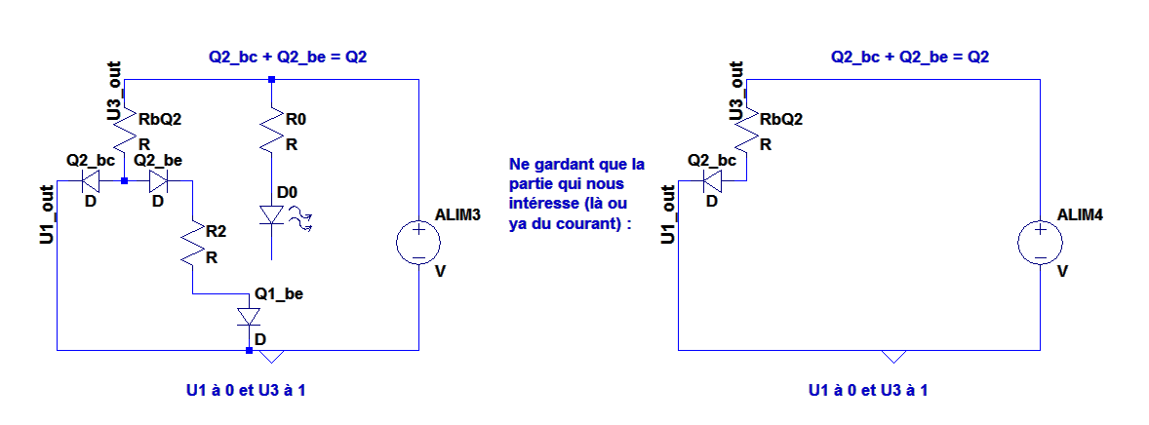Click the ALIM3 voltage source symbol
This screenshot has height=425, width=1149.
tap(417, 242)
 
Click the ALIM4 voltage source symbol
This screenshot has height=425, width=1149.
tap(1040, 242)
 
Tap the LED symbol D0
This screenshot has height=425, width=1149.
tap(272, 215)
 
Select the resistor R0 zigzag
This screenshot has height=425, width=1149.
tap(272, 130)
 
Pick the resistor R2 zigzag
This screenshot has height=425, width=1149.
tap(194, 244)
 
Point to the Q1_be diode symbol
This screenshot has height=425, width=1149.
tap(250, 317)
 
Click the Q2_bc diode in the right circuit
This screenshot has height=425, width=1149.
tap(712, 181)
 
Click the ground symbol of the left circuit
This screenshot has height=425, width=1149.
tap(272, 355)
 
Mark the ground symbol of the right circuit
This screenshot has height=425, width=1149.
tap(894, 355)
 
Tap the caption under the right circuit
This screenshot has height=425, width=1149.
tap(868, 391)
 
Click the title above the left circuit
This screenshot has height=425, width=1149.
tap(288, 58)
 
